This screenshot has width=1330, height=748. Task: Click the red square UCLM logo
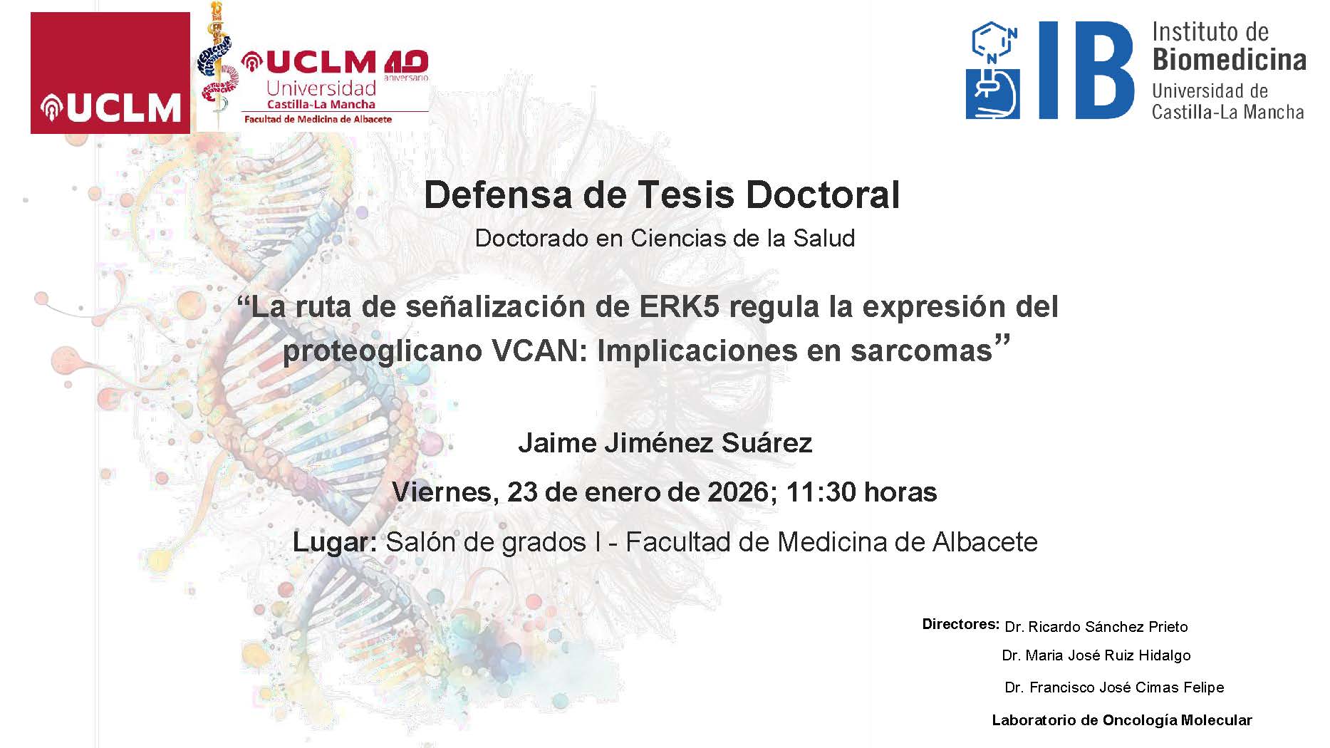click(x=110, y=73)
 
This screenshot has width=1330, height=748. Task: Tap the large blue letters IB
click(x=1085, y=70)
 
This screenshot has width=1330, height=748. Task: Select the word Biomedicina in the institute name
click(x=1229, y=60)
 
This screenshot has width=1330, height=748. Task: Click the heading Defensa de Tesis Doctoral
click(x=662, y=194)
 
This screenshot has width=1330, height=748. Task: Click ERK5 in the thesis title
click(x=680, y=306)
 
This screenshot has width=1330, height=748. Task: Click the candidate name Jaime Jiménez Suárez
click(x=665, y=443)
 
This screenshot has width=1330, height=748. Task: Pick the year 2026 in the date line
click(x=738, y=492)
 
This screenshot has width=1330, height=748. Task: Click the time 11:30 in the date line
click(x=818, y=492)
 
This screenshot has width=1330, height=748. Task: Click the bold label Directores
click(x=960, y=624)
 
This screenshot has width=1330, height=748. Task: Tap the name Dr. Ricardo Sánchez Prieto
click(x=1096, y=627)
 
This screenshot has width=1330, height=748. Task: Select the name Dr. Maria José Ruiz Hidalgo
click(x=1096, y=655)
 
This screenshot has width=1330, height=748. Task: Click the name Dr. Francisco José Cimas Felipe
click(x=1114, y=687)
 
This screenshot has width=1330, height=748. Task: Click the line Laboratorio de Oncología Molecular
click(x=1121, y=720)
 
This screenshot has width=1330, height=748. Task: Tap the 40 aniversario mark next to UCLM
click(x=406, y=64)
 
